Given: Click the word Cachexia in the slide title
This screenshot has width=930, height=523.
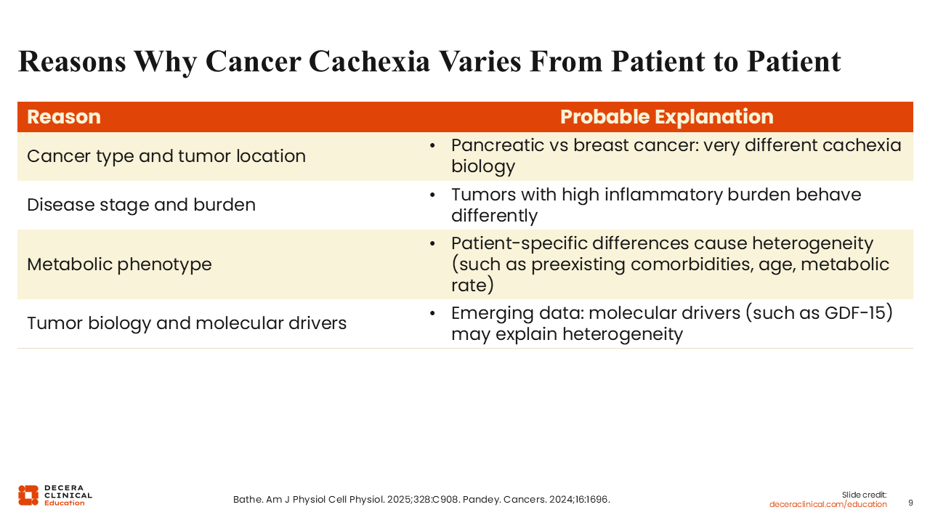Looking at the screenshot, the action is (x=369, y=62).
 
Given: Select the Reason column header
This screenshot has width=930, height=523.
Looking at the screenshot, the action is (x=64, y=117).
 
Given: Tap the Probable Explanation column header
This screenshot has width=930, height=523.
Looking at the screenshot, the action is (x=667, y=117).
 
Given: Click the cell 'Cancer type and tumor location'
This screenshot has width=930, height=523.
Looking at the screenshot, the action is (x=166, y=156).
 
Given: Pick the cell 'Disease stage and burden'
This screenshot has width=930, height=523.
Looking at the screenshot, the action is (x=141, y=205).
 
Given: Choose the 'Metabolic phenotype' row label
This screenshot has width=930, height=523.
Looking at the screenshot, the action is (x=119, y=264).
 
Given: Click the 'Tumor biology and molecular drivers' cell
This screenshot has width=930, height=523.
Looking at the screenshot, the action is (x=187, y=323).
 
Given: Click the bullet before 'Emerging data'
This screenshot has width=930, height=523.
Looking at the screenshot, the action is (x=432, y=313).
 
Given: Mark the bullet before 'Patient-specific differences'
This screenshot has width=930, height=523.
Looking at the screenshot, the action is (x=432, y=243).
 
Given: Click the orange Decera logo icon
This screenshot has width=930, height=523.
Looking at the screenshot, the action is (x=28, y=495).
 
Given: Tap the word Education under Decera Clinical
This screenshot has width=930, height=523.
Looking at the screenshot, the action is (x=65, y=503).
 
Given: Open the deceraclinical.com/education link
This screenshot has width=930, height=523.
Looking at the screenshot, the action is (x=828, y=504).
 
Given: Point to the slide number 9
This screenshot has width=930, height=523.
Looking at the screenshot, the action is (x=910, y=503).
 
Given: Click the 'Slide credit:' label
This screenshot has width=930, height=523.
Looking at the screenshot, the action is (x=864, y=495).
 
